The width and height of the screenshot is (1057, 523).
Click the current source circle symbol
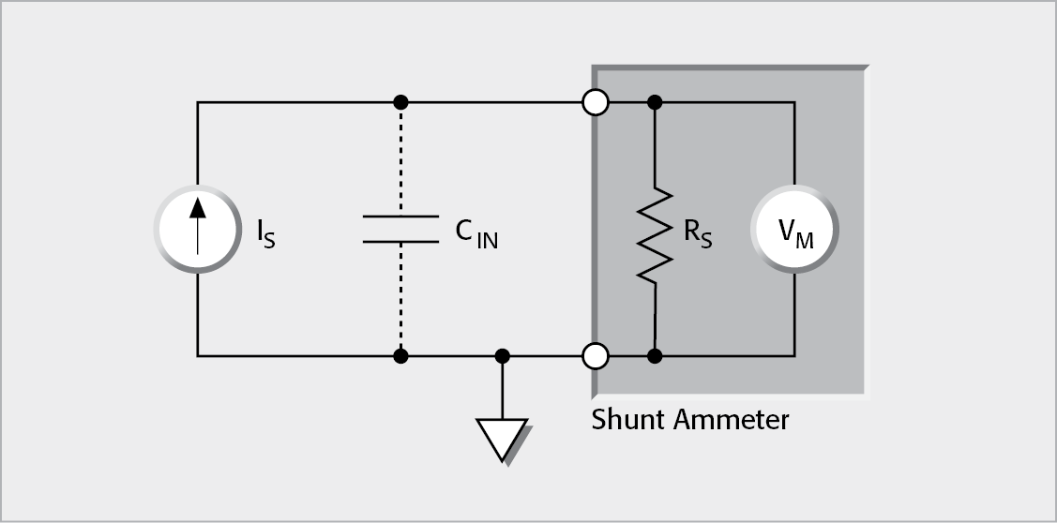tap(197, 230)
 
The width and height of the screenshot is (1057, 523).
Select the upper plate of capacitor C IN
tap(400, 217)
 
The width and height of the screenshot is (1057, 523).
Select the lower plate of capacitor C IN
tap(400, 241)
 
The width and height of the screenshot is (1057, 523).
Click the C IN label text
tap(476, 233)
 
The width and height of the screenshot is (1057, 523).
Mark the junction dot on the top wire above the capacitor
tap(400, 101)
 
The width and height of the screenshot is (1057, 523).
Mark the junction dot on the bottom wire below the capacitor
tap(400, 356)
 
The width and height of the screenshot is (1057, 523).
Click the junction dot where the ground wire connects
tap(503, 356)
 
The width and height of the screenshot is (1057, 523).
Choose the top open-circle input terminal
tap(595, 101)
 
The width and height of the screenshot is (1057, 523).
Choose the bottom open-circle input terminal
tap(595, 356)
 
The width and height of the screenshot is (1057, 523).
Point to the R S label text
tap(697, 233)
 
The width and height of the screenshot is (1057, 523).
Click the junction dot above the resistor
tap(656, 101)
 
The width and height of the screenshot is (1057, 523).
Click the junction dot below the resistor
tap(656, 356)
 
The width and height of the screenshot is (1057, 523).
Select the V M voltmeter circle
tap(794, 231)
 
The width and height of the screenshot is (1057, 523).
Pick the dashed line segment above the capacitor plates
tap(400, 159)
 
